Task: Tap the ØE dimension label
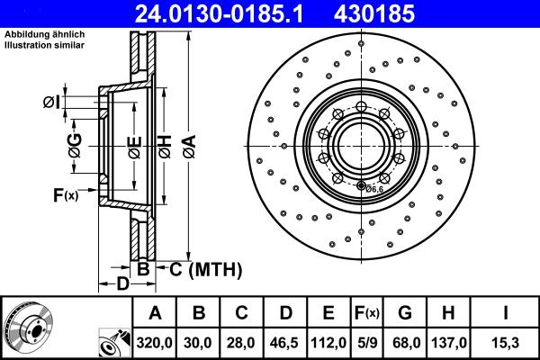coord(133,145)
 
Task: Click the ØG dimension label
coord(76,145)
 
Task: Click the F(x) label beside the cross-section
coord(65,194)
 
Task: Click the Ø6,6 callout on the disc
coord(373,188)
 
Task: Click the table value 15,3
coord(508,343)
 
